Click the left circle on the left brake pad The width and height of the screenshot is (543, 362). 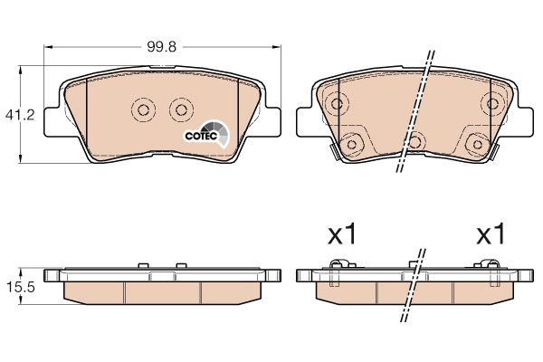click(x=143, y=110)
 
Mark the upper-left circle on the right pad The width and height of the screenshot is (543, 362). click(x=337, y=102)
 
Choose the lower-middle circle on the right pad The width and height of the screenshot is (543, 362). click(x=414, y=140)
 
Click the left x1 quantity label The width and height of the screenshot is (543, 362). click(x=340, y=236)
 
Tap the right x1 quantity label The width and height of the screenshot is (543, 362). click(x=490, y=236)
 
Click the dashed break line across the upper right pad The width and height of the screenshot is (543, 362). click(x=414, y=109)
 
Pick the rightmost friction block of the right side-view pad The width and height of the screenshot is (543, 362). click(x=470, y=291)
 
